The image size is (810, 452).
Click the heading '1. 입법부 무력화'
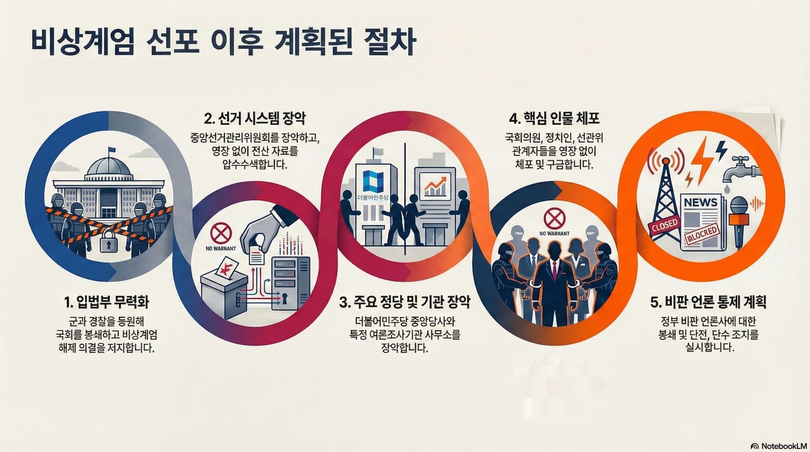pyautogui.click(x=106, y=302)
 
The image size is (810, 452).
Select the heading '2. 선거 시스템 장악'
pyautogui.click(x=255, y=119)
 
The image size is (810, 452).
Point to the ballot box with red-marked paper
pyautogui.click(x=224, y=291)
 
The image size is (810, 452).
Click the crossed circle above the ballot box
pyautogui.click(x=221, y=233)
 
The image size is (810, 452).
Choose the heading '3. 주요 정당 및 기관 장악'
pyautogui.click(x=405, y=302)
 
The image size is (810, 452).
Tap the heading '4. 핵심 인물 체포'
pyautogui.click(x=554, y=119)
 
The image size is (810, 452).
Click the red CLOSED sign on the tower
pyautogui.click(x=664, y=226)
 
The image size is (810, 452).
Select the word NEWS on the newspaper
pyautogui.click(x=700, y=202)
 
